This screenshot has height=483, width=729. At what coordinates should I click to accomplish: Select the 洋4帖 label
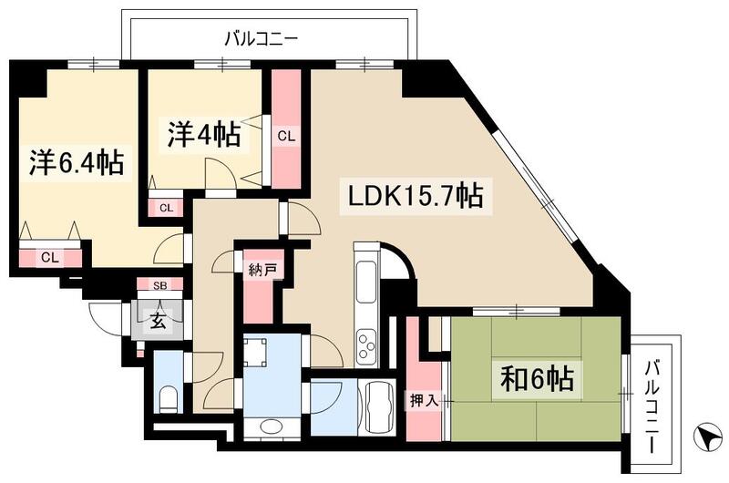(x=204, y=134)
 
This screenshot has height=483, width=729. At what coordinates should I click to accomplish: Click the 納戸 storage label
(x=260, y=271)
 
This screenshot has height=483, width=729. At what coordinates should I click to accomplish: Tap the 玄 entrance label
(x=158, y=320)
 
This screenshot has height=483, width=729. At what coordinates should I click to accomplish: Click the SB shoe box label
(x=159, y=285)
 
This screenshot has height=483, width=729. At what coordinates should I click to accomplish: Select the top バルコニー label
(x=262, y=38)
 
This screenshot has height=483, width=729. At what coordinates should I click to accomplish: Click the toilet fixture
(x=169, y=397)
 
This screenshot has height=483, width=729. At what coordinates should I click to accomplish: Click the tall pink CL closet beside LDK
(x=286, y=136)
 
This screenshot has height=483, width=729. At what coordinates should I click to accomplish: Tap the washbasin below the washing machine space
(x=270, y=426)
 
